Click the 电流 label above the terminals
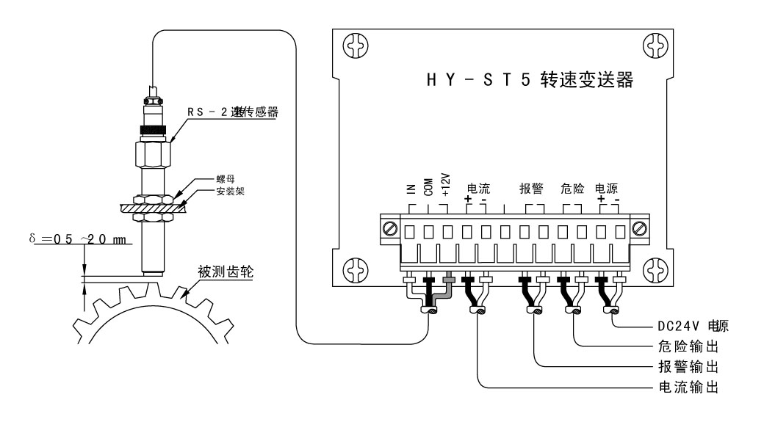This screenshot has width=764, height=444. pos(478,189)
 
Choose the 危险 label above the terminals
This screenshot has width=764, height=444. pos(572,189)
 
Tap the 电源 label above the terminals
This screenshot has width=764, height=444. pos(607,189)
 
